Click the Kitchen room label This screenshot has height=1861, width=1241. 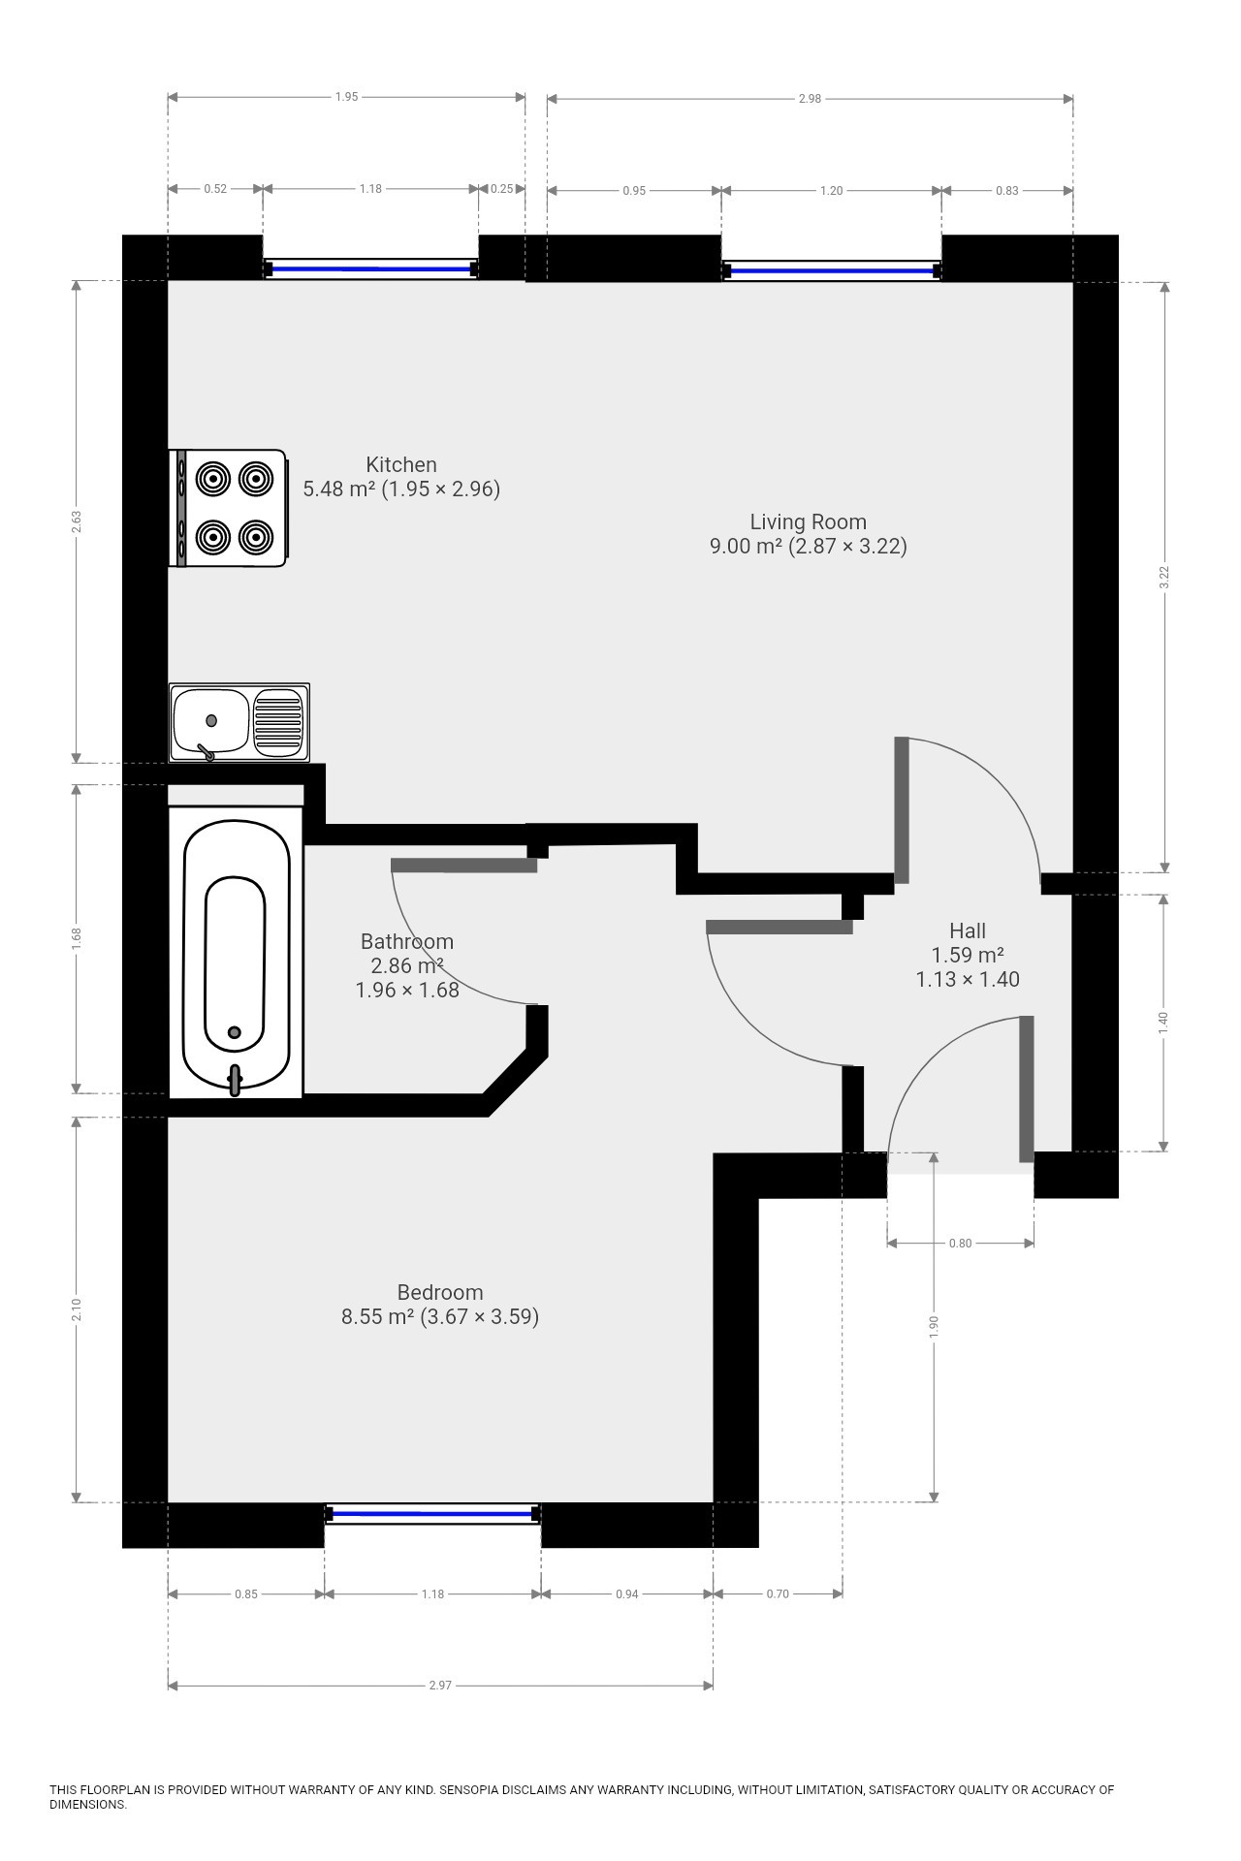click(x=401, y=464)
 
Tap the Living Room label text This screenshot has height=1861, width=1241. click(x=808, y=521)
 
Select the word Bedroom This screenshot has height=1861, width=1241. click(x=439, y=1292)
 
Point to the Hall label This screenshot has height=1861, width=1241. click(x=968, y=931)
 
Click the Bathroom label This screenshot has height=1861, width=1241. click(x=407, y=941)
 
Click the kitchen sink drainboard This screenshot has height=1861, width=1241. click(x=278, y=721)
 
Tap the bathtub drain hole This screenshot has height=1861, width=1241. click(x=234, y=1032)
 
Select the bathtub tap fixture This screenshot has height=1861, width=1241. click(x=235, y=1080)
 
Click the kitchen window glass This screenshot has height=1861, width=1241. click(x=370, y=268)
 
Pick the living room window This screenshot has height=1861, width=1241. click(x=831, y=271)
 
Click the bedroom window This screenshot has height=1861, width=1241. click(x=432, y=1513)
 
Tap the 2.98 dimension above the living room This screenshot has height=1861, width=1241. click(x=810, y=98)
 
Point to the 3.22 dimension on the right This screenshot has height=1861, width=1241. click(x=1164, y=577)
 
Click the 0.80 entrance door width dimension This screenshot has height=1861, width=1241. click(x=960, y=1243)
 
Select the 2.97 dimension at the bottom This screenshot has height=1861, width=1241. click(x=440, y=1685)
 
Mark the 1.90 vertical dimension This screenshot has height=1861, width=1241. click(x=934, y=1327)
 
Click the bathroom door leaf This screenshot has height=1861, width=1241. click(x=463, y=866)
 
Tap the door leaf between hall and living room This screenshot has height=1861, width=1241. click(x=902, y=810)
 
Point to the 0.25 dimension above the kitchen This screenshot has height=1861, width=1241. click(x=501, y=189)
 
